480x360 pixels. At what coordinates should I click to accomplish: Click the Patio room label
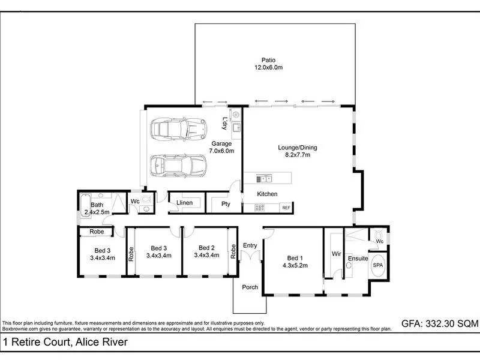(268, 63)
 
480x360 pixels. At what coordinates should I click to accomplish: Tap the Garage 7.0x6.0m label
(221, 147)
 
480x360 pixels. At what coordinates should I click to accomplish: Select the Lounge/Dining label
(297, 151)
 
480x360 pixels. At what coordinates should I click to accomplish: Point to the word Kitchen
(267, 194)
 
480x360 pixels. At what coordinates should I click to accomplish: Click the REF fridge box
(286, 208)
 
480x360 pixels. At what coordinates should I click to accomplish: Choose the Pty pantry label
(226, 204)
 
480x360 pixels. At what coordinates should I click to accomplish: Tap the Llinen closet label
(184, 203)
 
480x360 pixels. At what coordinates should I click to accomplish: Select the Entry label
(250, 245)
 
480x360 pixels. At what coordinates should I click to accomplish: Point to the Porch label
(250, 287)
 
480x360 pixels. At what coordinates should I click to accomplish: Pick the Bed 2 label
(207, 251)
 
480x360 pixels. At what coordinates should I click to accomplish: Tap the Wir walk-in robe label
(337, 254)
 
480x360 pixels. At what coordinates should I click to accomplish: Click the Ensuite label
(358, 259)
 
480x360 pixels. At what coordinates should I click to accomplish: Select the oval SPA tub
(379, 265)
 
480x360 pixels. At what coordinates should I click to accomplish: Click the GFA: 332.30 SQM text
(440, 323)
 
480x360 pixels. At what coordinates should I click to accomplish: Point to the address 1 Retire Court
(65, 343)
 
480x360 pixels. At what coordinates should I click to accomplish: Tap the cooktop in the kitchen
(260, 208)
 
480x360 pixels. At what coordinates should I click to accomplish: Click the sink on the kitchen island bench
(263, 178)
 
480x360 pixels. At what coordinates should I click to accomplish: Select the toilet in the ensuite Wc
(378, 235)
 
